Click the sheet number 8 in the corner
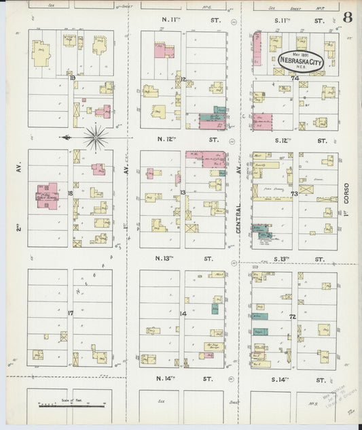[347, 17]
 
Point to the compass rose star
[96, 137]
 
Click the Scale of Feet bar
[71, 405]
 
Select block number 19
[72, 78]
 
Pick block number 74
[295, 78]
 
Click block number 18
[71, 193]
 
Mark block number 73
[294, 194]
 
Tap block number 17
[71, 313]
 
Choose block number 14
[183, 313]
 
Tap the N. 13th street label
[183, 259]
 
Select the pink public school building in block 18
[47, 195]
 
